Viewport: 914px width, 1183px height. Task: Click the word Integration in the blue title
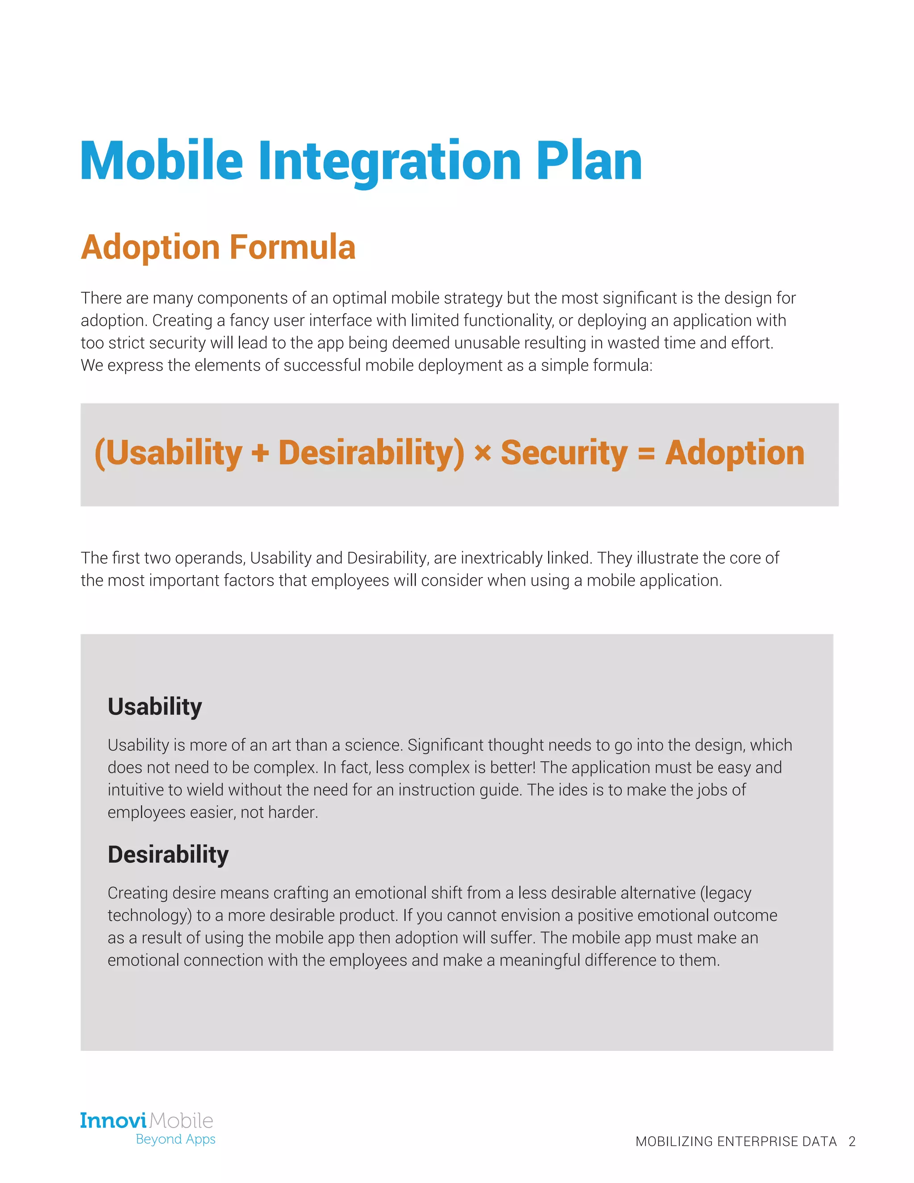(389, 162)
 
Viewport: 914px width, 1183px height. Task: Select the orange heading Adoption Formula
(218, 248)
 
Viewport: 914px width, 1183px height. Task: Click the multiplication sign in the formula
(482, 453)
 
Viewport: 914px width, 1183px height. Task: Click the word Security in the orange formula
(564, 453)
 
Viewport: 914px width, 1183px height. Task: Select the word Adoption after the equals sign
(735, 453)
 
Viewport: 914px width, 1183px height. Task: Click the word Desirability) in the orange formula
(371, 453)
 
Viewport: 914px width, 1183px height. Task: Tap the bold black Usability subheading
(155, 707)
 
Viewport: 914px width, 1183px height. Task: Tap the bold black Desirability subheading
(168, 855)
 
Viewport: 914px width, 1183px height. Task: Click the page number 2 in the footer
(852, 1141)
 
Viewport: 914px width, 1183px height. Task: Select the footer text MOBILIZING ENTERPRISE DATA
(736, 1141)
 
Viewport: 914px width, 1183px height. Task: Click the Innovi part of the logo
(113, 1120)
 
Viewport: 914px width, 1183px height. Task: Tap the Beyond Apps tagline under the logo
(175, 1139)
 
